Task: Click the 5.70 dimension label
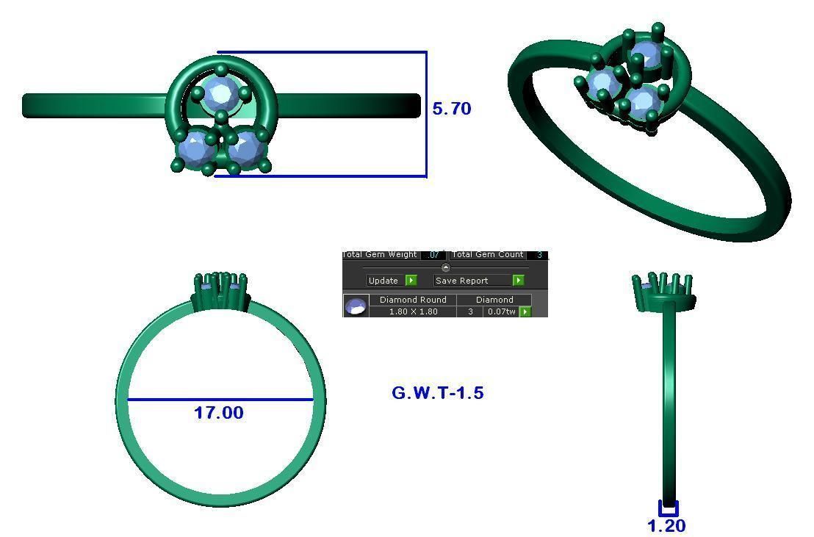pyautogui.click(x=451, y=109)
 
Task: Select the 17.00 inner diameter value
pyautogui.click(x=218, y=413)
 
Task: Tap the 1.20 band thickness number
pyautogui.click(x=666, y=526)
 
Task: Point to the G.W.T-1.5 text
pyautogui.click(x=438, y=393)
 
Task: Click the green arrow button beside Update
pyautogui.click(x=411, y=281)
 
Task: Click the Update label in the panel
pyautogui.click(x=383, y=281)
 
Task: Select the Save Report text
pyautogui.click(x=461, y=281)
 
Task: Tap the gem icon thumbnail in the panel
pyautogui.click(x=356, y=306)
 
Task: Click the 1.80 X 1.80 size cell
pyautogui.click(x=413, y=311)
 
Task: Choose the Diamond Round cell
pyautogui.click(x=413, y=300)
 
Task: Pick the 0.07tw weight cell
pyautogui.click(x=501, y=311)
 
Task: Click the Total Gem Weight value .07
pyautogui.click(x=433, y=255)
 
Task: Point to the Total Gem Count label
pyautogui.click(x=488, y=255)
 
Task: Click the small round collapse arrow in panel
pyautogui.click(x=445, y=267)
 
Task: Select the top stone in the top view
pyautogui.click(x=220, y=93)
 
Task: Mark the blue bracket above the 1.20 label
pyautogui.click(x=668, y=509)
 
